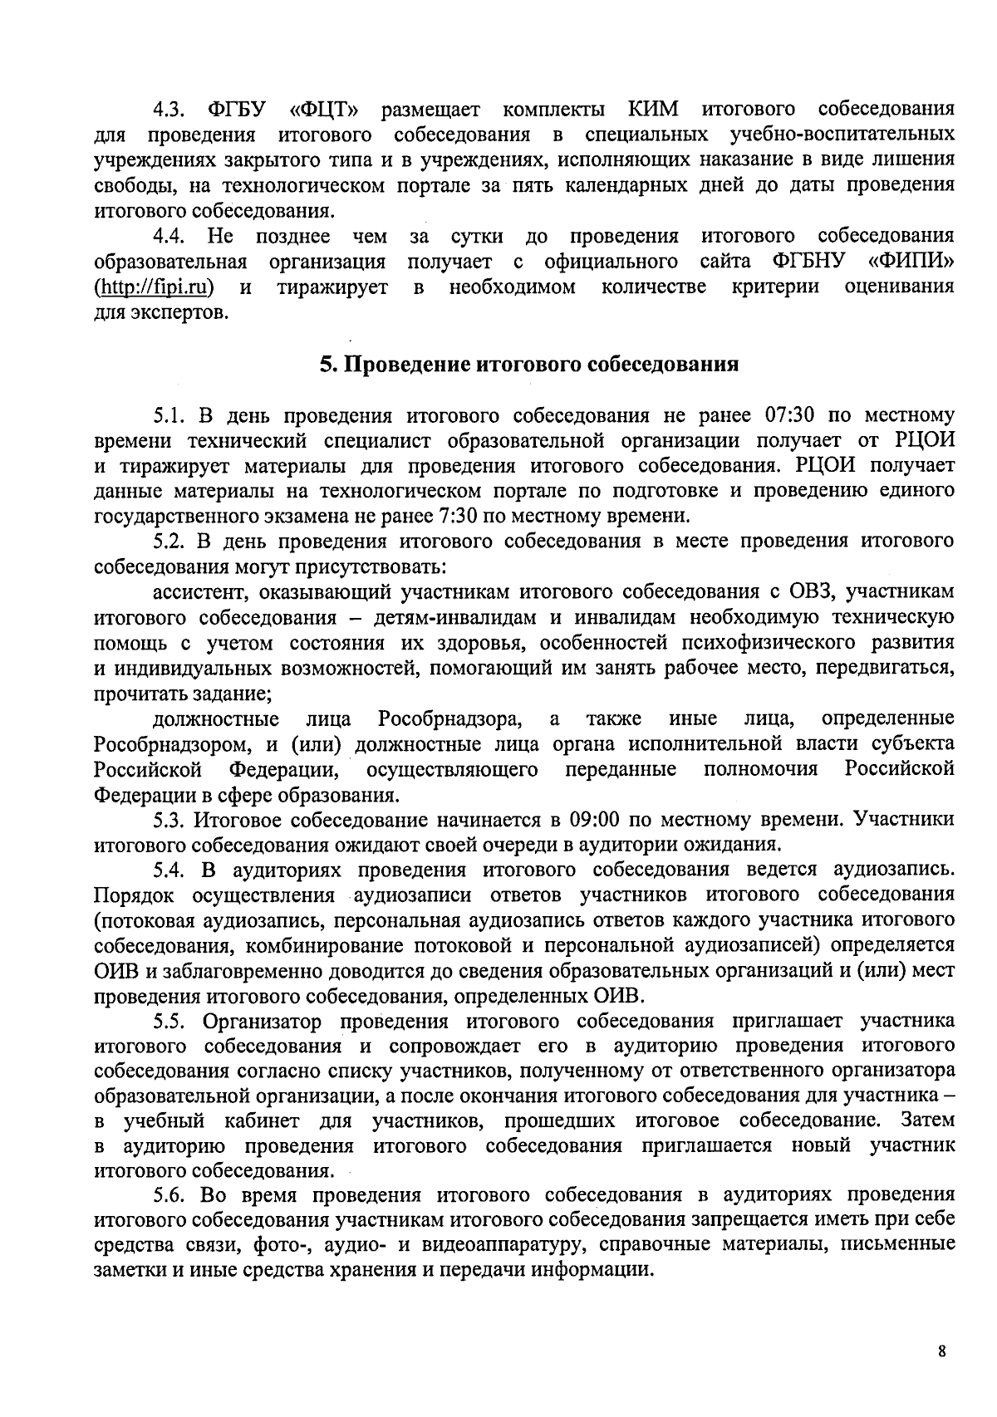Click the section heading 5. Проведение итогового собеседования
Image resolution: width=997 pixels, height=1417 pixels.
tap(529, 365)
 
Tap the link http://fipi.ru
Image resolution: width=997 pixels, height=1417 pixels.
tap(154, 287)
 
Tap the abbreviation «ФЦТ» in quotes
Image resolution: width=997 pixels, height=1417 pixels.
tap(323, 109)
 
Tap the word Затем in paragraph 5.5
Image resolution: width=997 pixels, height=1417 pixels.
tap(927, 1120)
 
